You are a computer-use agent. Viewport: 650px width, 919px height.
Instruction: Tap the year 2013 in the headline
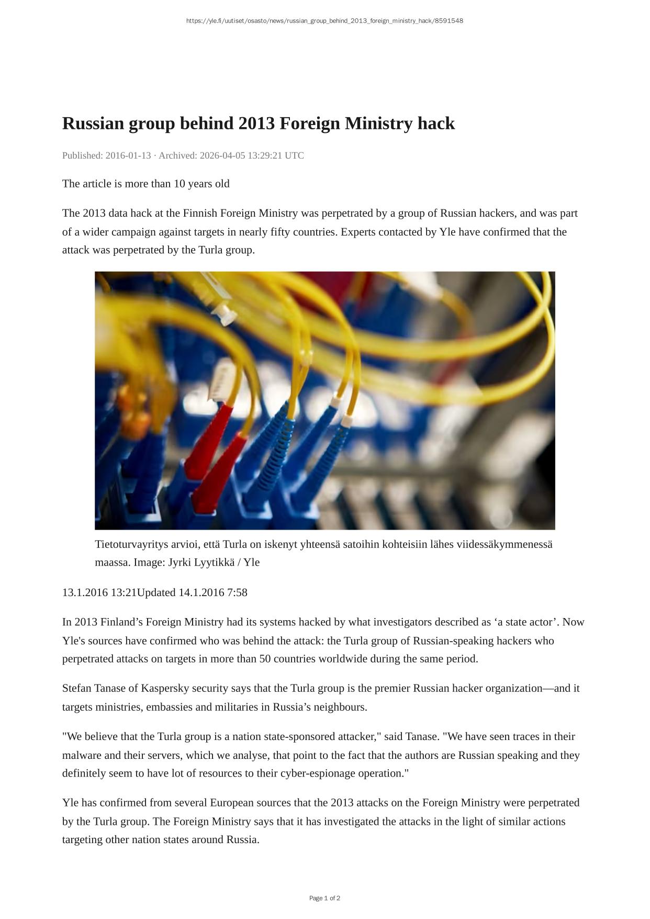pos(256,124)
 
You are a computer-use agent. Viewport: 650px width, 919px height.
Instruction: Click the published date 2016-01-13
pos(128,155)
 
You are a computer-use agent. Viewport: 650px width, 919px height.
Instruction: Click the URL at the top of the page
pos(324,21)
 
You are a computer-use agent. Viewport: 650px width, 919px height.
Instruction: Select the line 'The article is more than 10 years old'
pos(145,184)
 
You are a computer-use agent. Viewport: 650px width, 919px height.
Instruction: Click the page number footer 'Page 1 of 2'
pos(324,898)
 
